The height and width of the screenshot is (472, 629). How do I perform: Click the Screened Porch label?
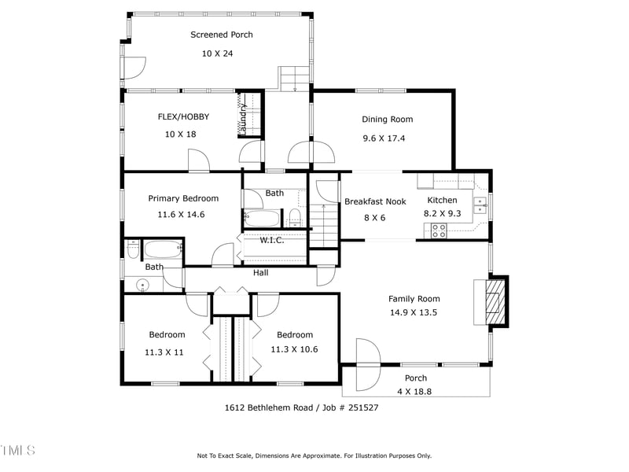(221, 35)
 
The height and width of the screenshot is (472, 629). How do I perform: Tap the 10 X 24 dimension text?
(217, 53)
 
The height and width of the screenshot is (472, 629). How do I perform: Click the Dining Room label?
(387, 120)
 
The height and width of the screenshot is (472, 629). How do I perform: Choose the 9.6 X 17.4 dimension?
(384, 138)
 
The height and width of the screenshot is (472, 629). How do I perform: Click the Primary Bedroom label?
(183, 198)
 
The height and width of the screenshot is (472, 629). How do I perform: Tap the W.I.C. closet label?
(272, 240)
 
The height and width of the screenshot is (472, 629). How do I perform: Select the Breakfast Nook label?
(375, 201)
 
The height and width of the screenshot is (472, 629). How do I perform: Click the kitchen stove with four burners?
(439, 230)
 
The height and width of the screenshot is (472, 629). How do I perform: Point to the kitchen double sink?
(480, 206)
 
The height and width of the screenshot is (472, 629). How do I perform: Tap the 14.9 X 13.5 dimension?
(414, 312)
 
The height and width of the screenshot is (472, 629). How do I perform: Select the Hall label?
(261, 273)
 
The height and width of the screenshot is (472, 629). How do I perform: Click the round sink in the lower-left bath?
(142, 285)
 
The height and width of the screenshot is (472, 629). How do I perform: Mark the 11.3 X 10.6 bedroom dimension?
(294, 349)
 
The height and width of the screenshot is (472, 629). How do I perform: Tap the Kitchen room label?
(442, 200)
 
